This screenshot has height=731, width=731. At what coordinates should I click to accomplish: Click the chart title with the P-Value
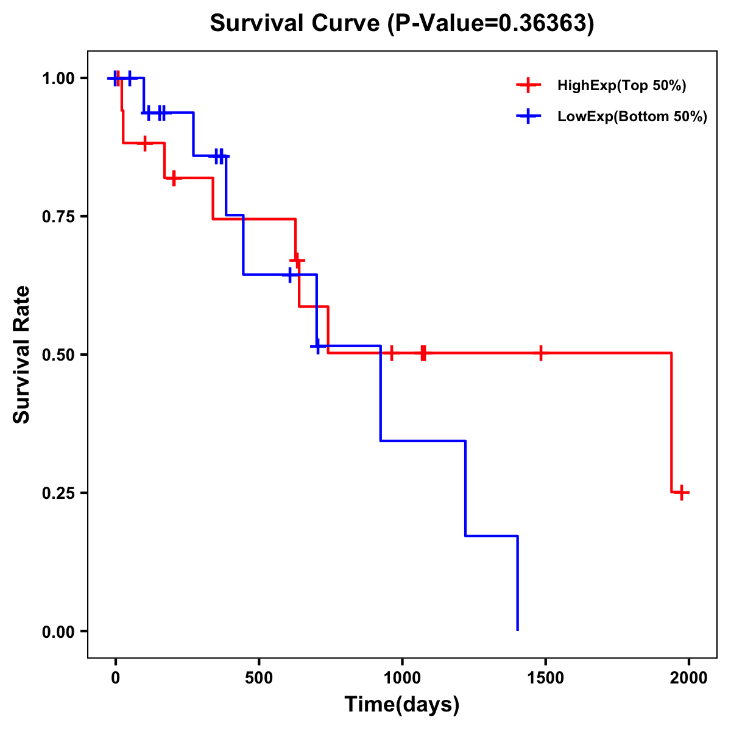401,23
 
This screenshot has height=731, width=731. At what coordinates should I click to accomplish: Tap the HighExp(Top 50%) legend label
621,86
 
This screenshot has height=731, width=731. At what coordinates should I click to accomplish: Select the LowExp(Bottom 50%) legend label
632,117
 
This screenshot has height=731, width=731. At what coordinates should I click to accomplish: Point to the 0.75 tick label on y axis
58,217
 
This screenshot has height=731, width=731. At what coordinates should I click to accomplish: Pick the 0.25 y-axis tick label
58,493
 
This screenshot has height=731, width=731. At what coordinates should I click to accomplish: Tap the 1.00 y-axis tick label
58,79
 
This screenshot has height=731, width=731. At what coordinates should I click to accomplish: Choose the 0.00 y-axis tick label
58,632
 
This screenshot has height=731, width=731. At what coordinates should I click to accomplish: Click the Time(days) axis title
402,705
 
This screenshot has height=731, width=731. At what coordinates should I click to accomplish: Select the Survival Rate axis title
22,355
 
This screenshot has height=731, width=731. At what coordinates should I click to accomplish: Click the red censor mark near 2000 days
682,492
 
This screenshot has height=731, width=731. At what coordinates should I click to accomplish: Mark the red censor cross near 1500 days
540,353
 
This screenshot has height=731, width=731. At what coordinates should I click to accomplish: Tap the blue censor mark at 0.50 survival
317,346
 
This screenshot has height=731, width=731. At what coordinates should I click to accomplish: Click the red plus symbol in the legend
528,85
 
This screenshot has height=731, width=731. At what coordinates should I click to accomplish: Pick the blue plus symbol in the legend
528,116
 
